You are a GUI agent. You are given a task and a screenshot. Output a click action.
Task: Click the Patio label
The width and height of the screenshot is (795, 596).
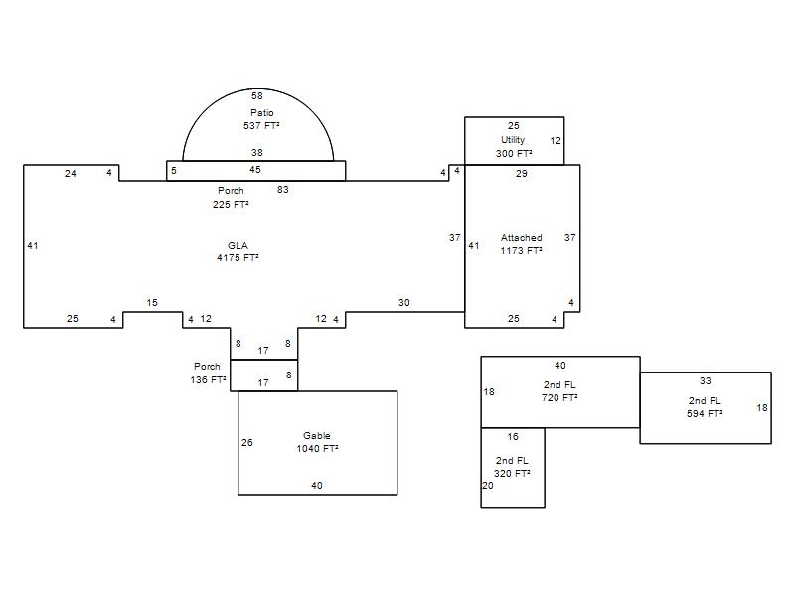coord(262,112)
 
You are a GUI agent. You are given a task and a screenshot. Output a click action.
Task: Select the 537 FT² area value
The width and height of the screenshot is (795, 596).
coord(261,125)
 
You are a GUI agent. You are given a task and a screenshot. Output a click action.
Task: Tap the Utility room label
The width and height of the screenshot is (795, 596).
coord(513,140)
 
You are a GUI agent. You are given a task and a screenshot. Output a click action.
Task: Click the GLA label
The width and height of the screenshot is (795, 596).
coord(238,245)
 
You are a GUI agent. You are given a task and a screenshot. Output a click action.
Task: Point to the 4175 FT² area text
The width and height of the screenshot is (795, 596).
coord(238,257)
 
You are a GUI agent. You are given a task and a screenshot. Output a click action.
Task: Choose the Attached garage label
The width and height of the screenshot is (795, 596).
coord(521,237)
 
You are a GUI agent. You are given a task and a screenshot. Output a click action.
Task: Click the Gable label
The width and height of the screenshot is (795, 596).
coord(317,435)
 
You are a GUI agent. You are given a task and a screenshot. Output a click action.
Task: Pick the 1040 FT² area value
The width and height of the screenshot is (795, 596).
coord(317,449)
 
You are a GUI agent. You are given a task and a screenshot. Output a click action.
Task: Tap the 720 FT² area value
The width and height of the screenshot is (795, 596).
coord(559,398)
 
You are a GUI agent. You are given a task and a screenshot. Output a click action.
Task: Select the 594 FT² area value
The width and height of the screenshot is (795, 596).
coord(705,413)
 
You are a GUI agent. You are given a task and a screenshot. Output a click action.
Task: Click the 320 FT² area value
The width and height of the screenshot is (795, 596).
coord(512,473)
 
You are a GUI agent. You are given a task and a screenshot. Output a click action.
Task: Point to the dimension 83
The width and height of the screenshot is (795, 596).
coord(283,189)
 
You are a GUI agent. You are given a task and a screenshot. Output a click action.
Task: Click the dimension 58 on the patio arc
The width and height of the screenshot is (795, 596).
coord(257,95)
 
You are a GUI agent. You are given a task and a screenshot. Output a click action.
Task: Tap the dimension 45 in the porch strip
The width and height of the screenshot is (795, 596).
coord(255,169)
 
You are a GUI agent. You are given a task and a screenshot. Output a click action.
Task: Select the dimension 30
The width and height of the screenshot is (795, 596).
coord(404,303)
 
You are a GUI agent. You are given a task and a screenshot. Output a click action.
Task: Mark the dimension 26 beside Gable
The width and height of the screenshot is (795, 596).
coord(246,442)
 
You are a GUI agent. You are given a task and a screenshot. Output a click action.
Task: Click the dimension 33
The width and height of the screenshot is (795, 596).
coord(706,380)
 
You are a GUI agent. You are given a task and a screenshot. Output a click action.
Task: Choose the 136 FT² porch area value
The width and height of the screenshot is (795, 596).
coord(209,379)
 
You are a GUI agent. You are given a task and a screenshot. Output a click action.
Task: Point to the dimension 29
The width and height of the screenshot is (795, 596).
coord(521,173)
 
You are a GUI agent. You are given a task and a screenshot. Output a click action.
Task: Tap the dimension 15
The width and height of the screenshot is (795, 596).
coord(152,303)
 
